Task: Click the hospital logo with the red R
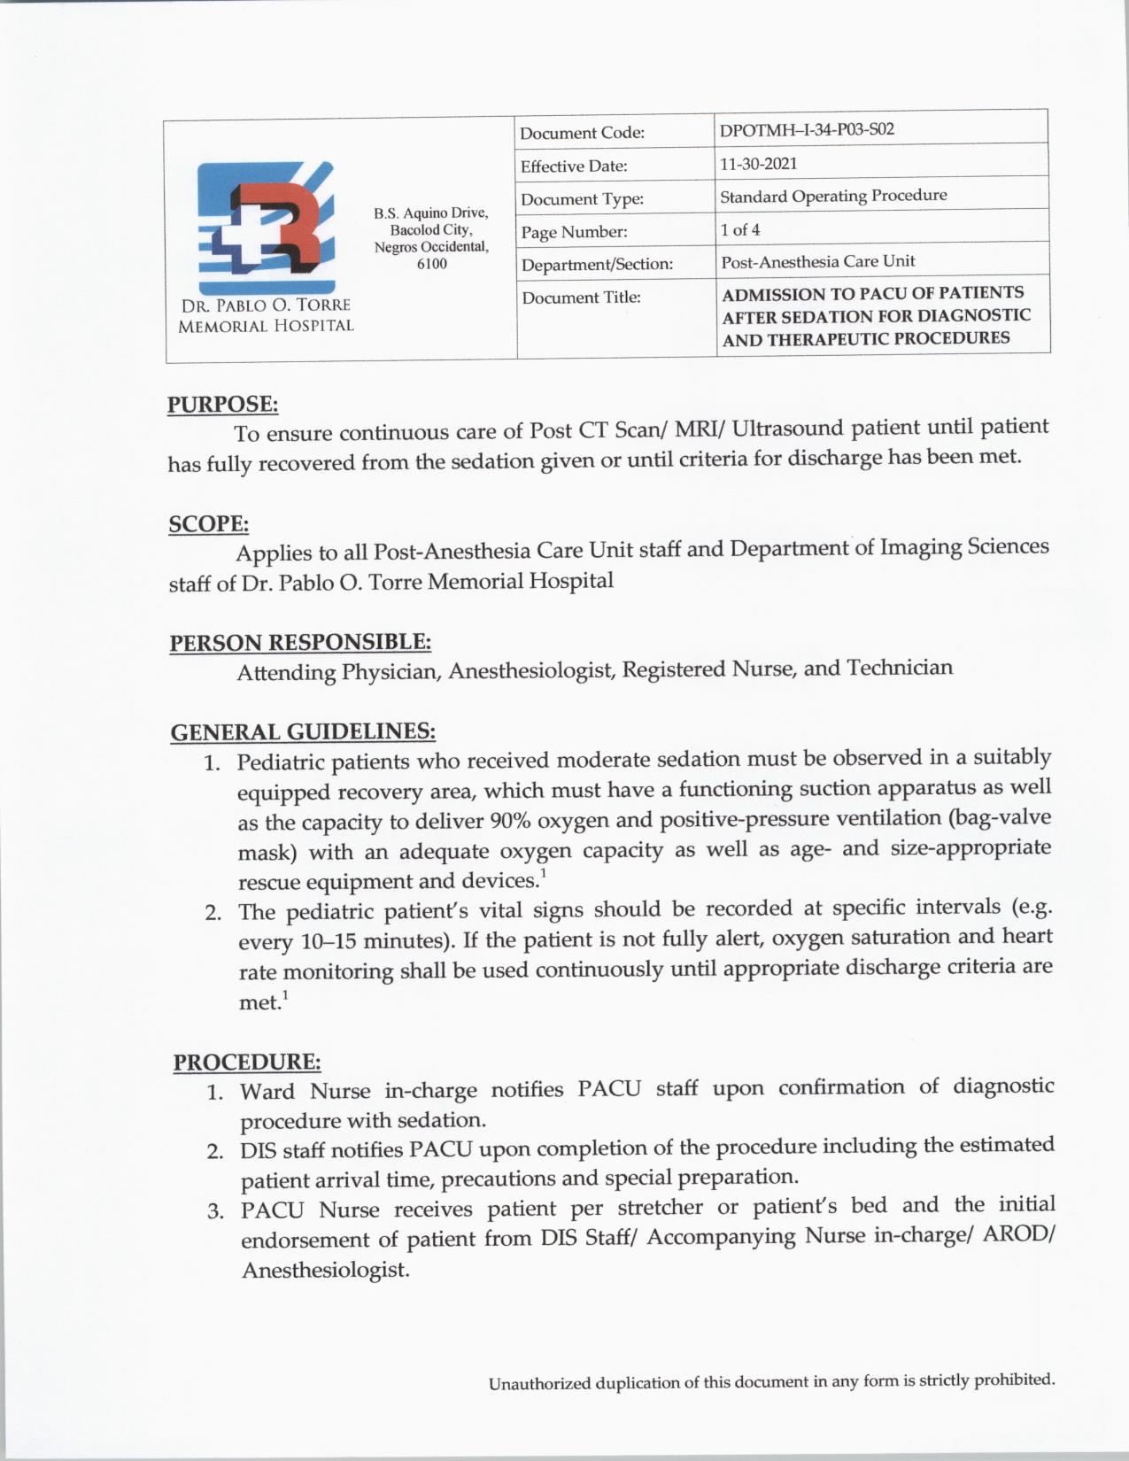tap(266, 228)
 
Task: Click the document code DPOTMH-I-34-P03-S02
tap(807, 130)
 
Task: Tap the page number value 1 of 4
tap(740, 230)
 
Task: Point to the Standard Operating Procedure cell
tap(833, 196)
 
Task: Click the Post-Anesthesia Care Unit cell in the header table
tap(818, 262)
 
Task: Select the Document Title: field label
tap(581, 298)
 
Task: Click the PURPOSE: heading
tap(223, 405)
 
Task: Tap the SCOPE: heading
tap(209, 524)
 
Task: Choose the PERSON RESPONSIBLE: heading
tap(300, 642)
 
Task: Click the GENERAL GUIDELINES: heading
tap(303, 732)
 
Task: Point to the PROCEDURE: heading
tap(247, 1062)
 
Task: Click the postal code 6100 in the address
tap(431, 264)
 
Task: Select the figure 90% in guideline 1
tap(509, 820)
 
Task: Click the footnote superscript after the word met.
tap(285, 997)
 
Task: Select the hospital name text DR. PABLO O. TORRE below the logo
tap(266, 305)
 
